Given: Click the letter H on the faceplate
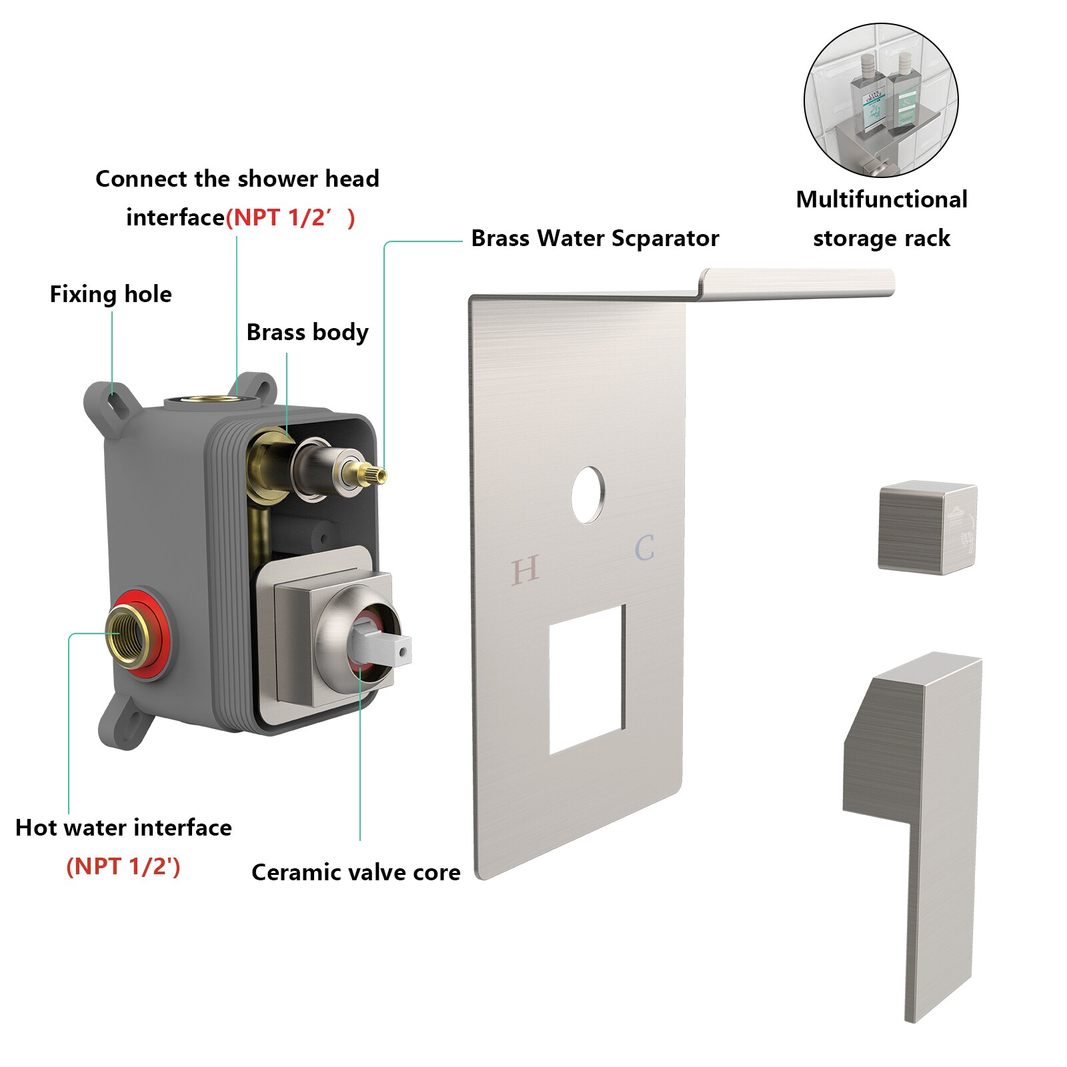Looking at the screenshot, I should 525,570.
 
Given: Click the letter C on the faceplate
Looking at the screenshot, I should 644,548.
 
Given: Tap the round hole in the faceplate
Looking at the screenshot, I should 588,494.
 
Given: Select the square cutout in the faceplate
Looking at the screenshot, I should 587,679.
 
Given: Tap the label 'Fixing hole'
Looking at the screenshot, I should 111,294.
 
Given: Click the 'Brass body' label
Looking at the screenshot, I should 307,332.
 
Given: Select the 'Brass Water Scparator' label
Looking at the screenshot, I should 595,238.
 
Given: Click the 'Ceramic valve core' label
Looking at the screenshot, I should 356,872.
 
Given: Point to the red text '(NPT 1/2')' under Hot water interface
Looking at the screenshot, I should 123,866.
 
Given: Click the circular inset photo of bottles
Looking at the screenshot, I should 881,100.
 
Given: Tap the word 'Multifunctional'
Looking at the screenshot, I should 882,199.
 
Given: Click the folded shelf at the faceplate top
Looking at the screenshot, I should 797,283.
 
